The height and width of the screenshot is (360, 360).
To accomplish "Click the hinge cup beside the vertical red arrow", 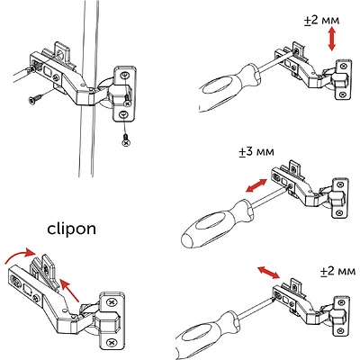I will (342, 82).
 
